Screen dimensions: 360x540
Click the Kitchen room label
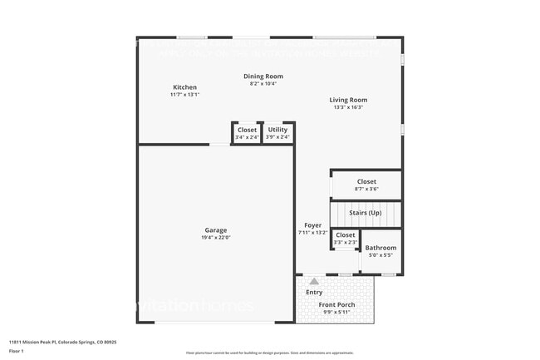[184, 87]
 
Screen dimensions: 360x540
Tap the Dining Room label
[263, 76]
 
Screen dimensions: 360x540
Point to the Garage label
[216, 230]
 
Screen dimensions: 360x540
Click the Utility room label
[277, 130]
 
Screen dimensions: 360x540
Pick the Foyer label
[312, 225]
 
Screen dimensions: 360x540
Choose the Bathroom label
[381, 248]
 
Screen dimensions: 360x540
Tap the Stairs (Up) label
[366, 213]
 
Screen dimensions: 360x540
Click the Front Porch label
[336, 305]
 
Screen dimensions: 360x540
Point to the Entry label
[314, 292]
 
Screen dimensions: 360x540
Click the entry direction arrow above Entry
[314, 282]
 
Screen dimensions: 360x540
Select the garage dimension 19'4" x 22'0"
[216, 238]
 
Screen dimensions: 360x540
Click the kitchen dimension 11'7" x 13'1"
[184, 95]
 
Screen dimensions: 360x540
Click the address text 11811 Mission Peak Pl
[63, 342]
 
